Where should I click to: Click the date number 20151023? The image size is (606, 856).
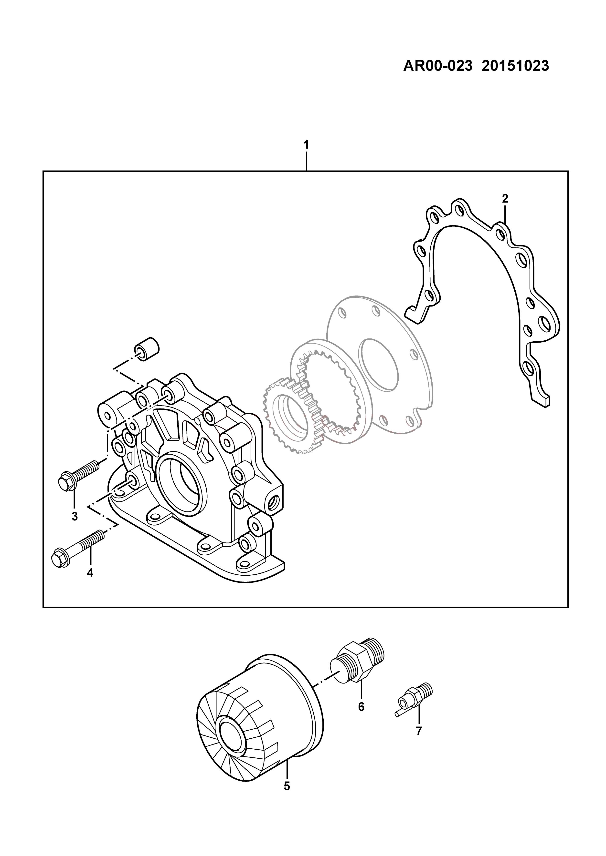point(516,66)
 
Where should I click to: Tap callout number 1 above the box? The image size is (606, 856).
point(306,144)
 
